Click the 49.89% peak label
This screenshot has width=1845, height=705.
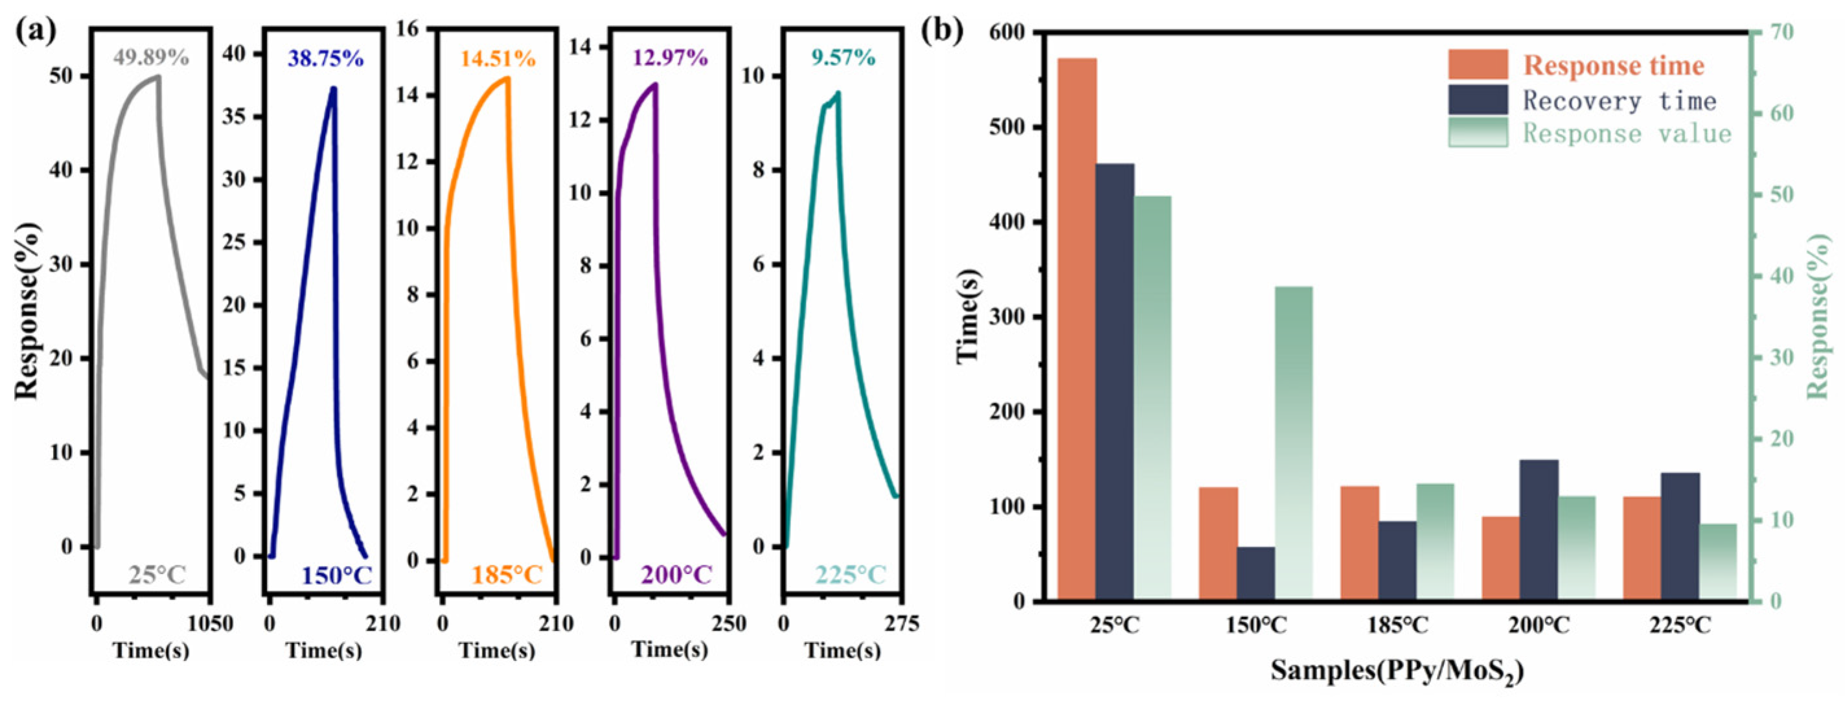pyautogui.click(x=151, y=57)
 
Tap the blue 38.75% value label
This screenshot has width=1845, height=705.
pyautogui.click(x=326, y=59)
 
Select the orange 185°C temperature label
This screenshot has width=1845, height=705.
pyautogui.click(x=507, y=575)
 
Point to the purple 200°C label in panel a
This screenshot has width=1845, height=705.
pyautogui.click(x=676, y=575)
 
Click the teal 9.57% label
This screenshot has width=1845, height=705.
pyautogui.click(x=843, y=57)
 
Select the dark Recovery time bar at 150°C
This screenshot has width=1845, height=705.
pyautogui.click(x=1255, y=573)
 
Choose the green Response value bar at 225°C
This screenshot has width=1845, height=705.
pyautogui.click(x=1717, y=562)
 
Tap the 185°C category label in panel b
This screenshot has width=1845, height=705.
pyautogui.click(x=1397, y=625)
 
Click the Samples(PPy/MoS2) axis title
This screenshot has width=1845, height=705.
pyautogui.click(x=1397, y=671)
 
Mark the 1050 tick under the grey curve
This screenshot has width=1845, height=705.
pyautogui.click(x=210, y=624)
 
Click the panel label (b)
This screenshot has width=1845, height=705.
pyautogui.click(x=941, y=30)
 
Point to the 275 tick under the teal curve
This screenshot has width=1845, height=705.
pyautogui.click(x=901, y=624)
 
